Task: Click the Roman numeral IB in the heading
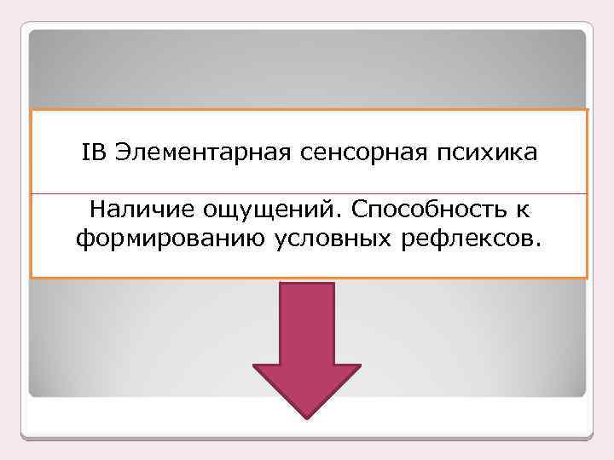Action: (x=94, y=153)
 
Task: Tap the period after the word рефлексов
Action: (x=536, y=245)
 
